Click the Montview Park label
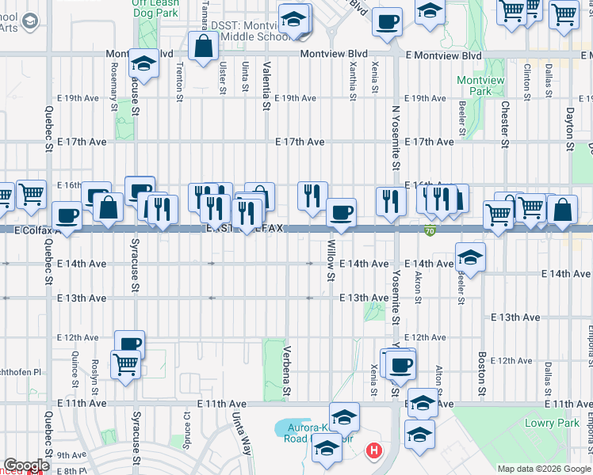click(475, 85)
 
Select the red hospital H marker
click(373, 452)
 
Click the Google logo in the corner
click(26, 465)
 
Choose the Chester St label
click(504, 123)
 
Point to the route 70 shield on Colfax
click(429, 231)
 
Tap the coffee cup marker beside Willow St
click(341, 213)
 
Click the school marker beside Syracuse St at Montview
click(144, 63)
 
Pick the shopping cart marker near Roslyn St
click(125, 365)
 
